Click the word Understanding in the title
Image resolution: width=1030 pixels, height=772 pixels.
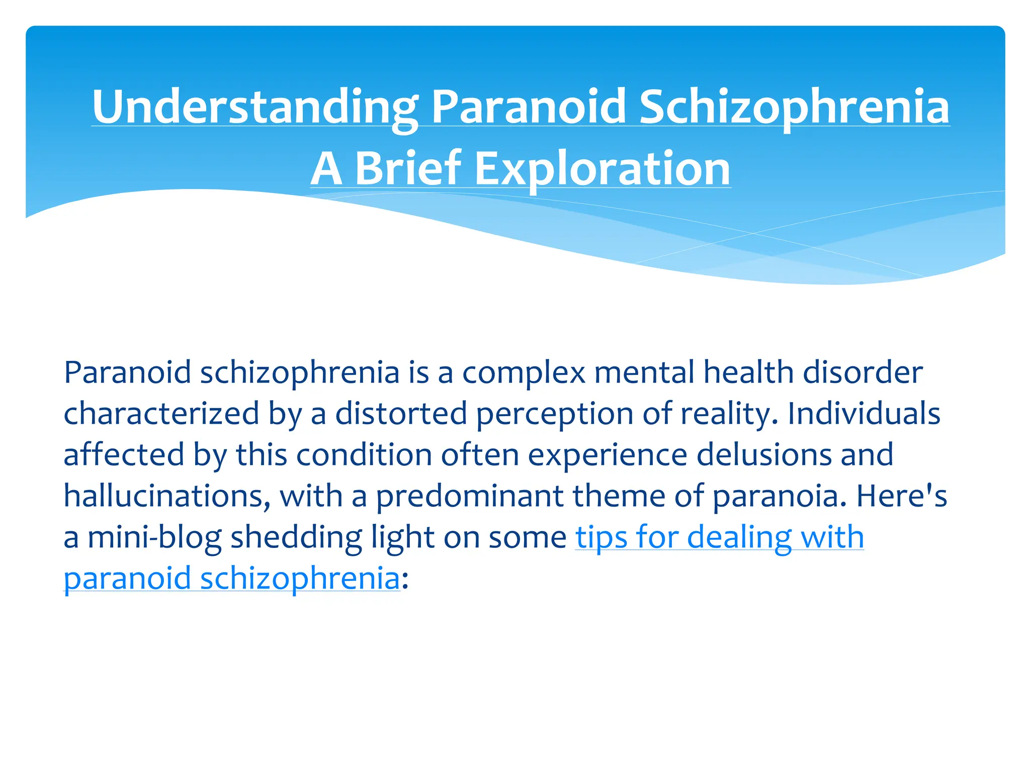click(x=254, y=107)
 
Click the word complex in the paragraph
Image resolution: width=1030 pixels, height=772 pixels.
click(x=524, y=372)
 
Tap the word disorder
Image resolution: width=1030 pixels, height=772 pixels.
click(x=863, y=372)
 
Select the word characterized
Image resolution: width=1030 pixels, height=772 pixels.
click(x=161, y=414)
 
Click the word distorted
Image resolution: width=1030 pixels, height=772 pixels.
click(x=401, y=414)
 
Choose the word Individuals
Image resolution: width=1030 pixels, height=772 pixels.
click(x=864, y=414)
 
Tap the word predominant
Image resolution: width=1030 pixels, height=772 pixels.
click(x=470, y=496)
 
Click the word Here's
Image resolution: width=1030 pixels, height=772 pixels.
click(x=902, y=496)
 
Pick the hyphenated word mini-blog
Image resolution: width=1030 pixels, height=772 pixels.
click(x=154, y=537)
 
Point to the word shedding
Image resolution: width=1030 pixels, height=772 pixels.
click(x=296, y=537)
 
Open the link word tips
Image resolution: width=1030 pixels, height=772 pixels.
click(x=602, y=537)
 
